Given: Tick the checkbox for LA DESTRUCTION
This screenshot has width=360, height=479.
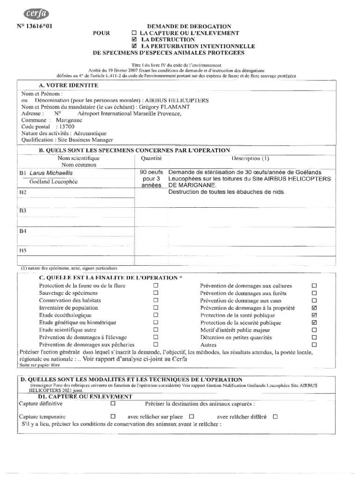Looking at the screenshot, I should pyautogui.click(x=134, y=40).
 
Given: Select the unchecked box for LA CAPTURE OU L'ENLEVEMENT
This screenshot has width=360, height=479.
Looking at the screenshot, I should pyautogui.click(x=134, y=34).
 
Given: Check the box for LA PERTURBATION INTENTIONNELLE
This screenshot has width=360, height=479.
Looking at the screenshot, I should pyautogui.click(x=134, y=47).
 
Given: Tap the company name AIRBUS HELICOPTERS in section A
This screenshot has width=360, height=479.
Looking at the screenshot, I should pyautogui.click(x=177, y=101).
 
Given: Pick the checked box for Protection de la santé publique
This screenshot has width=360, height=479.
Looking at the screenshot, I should pyautogui.click(x=314, y=315).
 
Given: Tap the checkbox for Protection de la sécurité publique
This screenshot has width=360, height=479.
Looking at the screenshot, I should pyautogui.click(x=314, y=323).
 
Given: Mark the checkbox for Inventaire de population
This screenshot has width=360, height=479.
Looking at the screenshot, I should pyautogui.click(x=156, y=308).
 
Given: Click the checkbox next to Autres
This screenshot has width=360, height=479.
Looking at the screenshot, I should pyautogui.click(x=314, y=345).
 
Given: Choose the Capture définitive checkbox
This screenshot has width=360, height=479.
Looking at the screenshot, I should pyautogui.click(x=113, y=403).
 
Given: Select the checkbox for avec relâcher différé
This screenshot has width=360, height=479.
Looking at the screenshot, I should pyautogui.click(x=275, y=416).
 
